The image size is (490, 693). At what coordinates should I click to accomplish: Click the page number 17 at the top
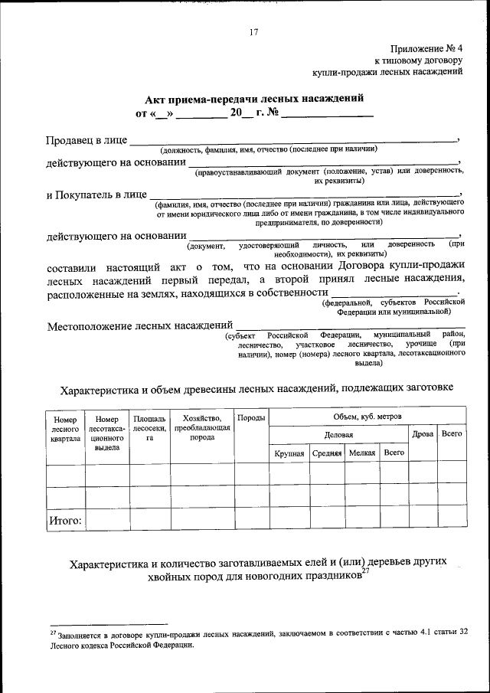pos(253,31)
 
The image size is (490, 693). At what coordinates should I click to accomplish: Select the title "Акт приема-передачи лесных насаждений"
pos(250,99)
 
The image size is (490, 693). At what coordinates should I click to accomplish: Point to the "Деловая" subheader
pos(338,435)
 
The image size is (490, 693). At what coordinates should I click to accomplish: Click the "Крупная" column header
pos(289,453)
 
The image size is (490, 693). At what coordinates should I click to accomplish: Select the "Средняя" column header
pos(327,453)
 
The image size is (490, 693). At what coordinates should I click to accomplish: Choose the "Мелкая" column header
pos(361,453)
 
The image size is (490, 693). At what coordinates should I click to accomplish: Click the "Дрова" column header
pos(423,435)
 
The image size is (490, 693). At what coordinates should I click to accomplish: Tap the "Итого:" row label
pos(66,521)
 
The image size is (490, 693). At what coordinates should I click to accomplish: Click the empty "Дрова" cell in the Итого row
pos(423,521)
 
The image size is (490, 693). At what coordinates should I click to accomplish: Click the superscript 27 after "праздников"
pos(365,570)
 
